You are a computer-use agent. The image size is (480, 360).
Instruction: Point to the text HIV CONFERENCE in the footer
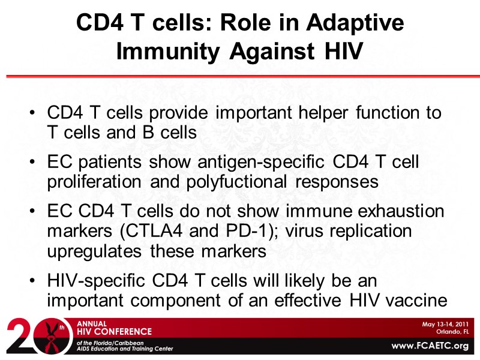pos(114,331)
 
